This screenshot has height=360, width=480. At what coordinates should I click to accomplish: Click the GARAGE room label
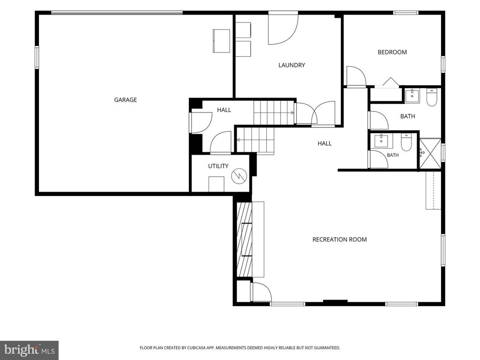pyautogui.click(x=125, y=100)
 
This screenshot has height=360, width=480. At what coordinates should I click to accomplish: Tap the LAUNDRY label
pyautogui.click(x=292, y=65)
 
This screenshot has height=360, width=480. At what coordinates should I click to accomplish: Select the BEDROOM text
pyautogui.click(x=392, y=52)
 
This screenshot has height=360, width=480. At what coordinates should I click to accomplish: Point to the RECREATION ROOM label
pyautogui.click(x=339, y=240)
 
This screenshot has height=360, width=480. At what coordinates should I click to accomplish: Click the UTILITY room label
pyautogui.click(x=218, y=166)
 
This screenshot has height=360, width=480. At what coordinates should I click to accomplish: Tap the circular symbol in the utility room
pyautogui.click(x=239, y=176)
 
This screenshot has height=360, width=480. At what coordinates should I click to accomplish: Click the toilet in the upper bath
pyautogui.click(x=432, y=97)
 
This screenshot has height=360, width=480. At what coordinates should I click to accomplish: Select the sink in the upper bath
pyautogui.click(x=412, y=96)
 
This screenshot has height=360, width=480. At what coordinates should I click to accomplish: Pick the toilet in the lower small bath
pyautogui.click(x=406, y=142)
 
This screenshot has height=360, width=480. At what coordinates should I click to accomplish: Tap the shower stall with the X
pyautogui.click(x=430, y=153)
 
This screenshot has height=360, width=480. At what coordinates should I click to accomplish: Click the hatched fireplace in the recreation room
pyautogui.click(x=244, y=240)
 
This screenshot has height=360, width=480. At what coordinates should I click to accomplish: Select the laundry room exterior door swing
pyautogui.click(x=283, y=29)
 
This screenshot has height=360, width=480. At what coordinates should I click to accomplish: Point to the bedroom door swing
pyautogui.click(x=356, y=76)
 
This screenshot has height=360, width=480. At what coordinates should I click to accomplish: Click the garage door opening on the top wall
pyautogui.click(x=117, y=13)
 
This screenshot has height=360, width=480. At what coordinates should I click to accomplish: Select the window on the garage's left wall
pyautogui.click(x=37, y=57)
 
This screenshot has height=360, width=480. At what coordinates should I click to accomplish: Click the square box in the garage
pyautogui.click(x=221, y=41)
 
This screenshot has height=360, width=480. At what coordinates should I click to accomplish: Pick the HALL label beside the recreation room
pyautogui.click(x=324, y=143)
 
